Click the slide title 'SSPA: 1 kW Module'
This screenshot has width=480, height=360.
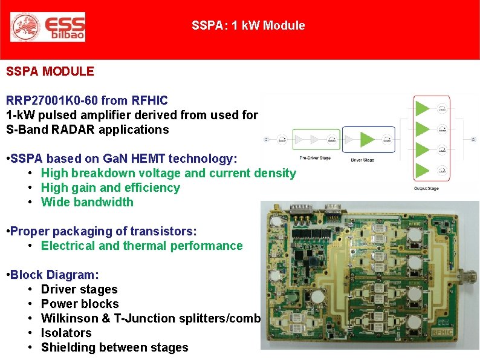pyautogui.click(x=248, y=25)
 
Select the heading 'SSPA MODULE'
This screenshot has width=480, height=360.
pyautogui.click(x=50, y=71)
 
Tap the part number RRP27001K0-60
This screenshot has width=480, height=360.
pyautogui.click(x=52, y=100)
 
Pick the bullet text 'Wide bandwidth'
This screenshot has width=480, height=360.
pyautogui.click(x=87, y=202)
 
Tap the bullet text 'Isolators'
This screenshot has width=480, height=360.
pyautogui.click(x=66, y=333)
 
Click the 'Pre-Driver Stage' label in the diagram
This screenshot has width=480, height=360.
pyautogui.click(x=315, y=157)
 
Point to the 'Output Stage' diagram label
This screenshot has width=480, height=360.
pyautogui.click(x=427, y=189)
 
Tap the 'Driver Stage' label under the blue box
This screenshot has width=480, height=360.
pyautogui.click(x=363, y=160)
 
